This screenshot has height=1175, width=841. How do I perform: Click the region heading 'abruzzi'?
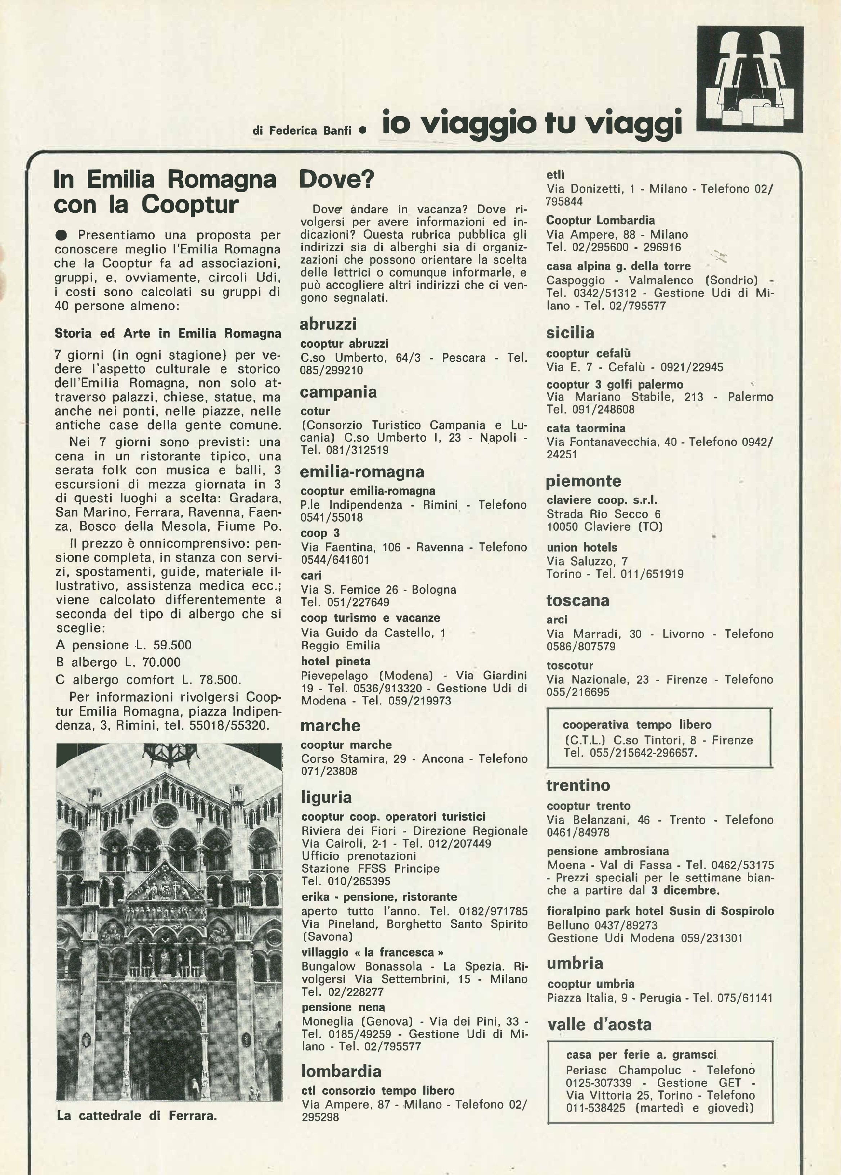tap(328, 324)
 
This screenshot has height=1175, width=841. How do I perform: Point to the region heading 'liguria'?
tap(326, 797)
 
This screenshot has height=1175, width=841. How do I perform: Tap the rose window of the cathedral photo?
tap(165, 815)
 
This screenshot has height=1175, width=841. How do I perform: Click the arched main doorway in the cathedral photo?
tap(165, 1041)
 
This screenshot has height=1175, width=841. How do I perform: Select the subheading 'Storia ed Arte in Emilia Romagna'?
tap(168, 333)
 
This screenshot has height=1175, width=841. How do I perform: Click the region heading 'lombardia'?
tap(341, 1071)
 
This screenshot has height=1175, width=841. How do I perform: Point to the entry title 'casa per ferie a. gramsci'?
tap(641, 1055)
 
